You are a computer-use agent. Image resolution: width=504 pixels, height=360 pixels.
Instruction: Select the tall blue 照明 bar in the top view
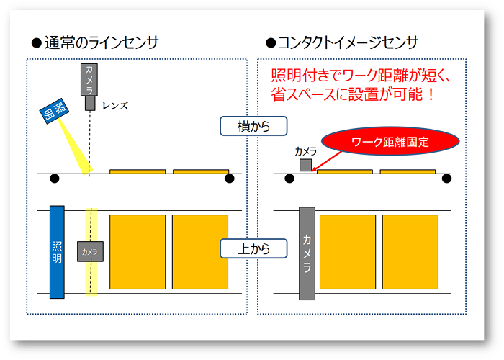(57, 251)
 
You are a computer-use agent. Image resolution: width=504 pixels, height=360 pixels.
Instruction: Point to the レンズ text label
(114, 106)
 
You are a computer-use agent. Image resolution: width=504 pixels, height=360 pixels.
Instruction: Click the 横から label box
(253, 126)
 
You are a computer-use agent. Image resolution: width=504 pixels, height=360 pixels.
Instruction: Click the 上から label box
(253, 249)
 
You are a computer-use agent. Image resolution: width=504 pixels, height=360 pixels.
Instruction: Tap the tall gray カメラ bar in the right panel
(306, 253)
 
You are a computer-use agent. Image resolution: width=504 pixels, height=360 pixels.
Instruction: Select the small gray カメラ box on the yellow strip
(91, 251)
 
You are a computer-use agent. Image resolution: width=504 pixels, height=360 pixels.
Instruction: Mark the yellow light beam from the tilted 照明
(76, 148)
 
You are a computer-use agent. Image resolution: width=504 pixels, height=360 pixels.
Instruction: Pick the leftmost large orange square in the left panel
(137, 251)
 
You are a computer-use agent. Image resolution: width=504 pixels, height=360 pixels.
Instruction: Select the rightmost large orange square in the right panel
(410, 251)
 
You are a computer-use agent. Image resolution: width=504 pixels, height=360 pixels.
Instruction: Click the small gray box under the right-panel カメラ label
(306, 166)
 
